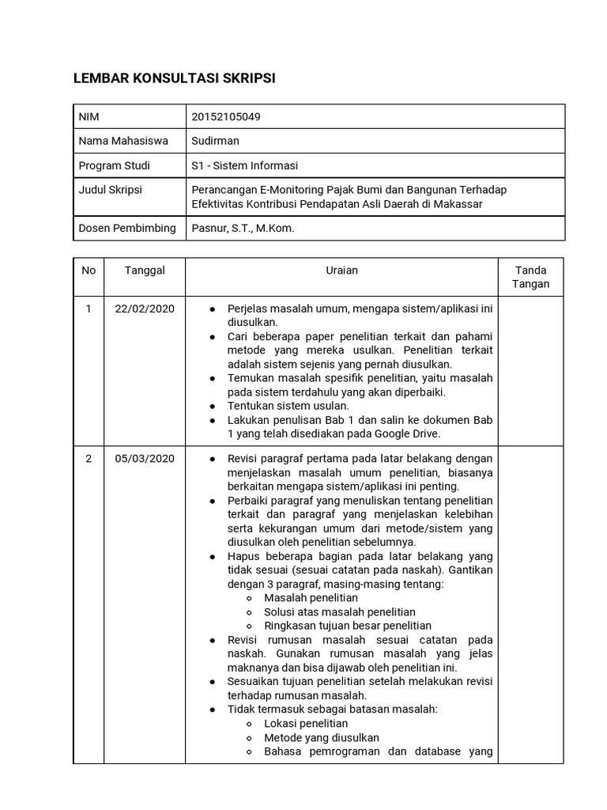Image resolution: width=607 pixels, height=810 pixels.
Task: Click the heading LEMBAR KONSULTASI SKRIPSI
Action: (175, 78)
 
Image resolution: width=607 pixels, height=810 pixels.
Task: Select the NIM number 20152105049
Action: (226, 117)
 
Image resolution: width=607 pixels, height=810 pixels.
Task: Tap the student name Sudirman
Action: (215, 141)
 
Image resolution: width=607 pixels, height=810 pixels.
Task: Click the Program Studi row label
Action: (114, 165)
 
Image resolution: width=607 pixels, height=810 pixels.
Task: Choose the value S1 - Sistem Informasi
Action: (245, 165)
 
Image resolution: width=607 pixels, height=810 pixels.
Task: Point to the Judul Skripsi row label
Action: (111, 190)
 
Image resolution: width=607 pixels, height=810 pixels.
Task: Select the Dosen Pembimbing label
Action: (127, 228)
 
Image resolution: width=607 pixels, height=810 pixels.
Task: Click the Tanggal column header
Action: (145, 271)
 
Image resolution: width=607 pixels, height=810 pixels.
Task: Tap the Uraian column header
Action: (341, 271)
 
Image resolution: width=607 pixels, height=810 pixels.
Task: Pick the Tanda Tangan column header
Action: (530, 277)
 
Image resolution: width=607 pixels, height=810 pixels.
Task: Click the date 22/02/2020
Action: (145, 308)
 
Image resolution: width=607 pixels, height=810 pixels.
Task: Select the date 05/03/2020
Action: (145, 459)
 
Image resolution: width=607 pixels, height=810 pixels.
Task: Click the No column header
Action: (89, 271)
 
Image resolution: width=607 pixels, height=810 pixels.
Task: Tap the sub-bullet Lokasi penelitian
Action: (306, 724)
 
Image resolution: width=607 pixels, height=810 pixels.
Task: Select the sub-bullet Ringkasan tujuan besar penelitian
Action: (348, 626)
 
